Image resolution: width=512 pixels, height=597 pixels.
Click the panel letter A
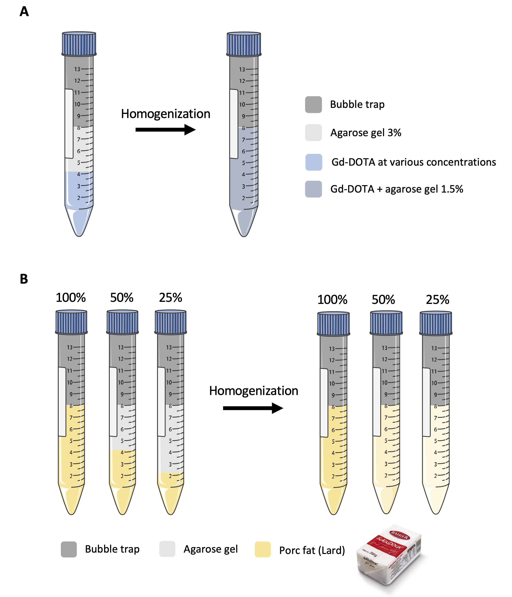coord(24,12)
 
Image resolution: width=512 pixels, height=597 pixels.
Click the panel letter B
coord(24,279)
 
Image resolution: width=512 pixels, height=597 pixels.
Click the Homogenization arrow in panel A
coord(165,130)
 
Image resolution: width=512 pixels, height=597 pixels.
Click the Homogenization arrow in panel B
coord(253,408)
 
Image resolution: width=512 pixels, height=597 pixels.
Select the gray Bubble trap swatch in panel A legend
coord(313,105)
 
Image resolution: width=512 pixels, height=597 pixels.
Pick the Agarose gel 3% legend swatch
coord(313,133)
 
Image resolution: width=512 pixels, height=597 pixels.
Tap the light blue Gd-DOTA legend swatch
coord(313,162)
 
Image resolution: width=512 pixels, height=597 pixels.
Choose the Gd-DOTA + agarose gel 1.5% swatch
coord(313,189)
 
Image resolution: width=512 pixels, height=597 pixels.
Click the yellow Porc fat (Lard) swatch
coord(263,549)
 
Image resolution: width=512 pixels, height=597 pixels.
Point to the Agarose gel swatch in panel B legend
coord(167,549)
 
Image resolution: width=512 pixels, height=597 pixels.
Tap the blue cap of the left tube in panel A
coord(79,43)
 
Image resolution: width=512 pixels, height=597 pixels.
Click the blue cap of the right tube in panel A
coord(244,44)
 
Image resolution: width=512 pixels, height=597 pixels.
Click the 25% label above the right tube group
coord(437,300)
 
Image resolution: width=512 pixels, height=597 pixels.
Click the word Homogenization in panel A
coord(165,114)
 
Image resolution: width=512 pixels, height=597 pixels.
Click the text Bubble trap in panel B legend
coord(112,549)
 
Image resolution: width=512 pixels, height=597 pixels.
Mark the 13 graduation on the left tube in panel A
coord(77,69)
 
